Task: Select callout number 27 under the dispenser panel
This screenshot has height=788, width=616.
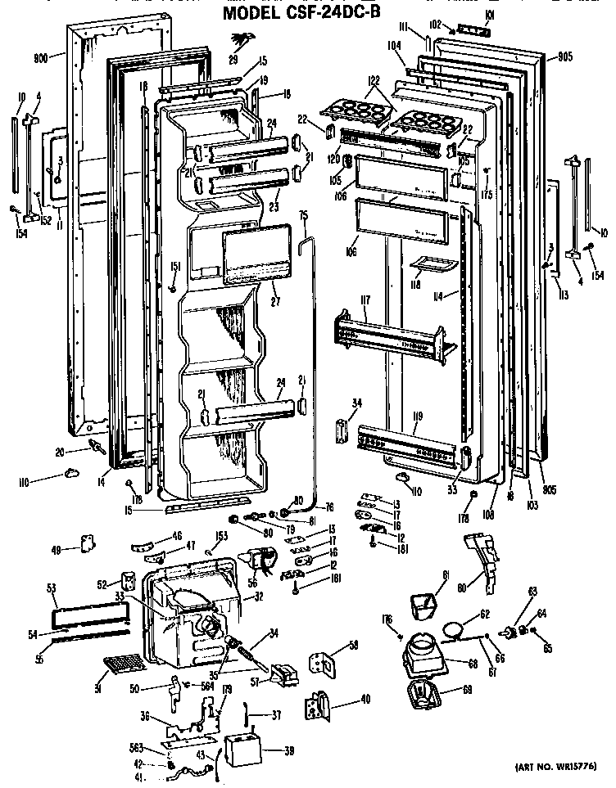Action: tap(273, 288)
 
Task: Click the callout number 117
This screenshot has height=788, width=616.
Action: tap(363, 300)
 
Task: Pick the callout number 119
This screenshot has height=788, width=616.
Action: tap(417, 416)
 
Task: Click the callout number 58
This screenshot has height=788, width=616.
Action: tap(353, 646)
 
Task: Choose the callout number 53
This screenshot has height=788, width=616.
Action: tap(50, 588)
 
